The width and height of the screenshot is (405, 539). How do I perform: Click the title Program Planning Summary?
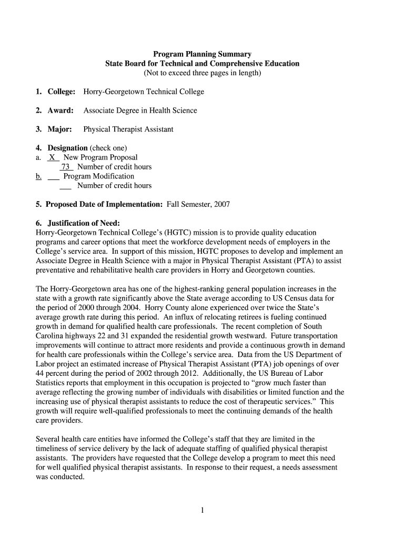202,54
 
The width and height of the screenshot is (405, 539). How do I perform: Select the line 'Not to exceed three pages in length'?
202,73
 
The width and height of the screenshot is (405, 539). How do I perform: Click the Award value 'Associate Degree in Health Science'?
140,111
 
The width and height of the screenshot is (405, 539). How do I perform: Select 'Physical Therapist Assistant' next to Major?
128,129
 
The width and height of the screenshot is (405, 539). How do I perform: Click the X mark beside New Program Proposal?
53,157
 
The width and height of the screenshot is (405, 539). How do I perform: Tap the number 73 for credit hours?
66,167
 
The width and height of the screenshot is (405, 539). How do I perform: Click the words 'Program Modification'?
98,176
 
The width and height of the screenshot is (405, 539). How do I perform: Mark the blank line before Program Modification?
53,177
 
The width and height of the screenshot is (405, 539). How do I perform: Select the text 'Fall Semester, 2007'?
198,204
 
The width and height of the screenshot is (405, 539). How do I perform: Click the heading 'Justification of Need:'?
84,223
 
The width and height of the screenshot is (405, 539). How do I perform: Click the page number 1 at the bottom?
202,510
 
